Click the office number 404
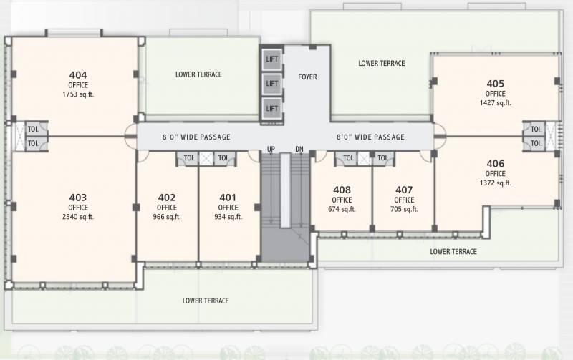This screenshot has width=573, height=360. (78, 74)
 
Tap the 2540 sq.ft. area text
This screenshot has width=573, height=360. (78, 217)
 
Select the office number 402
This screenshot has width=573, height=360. (167, 198)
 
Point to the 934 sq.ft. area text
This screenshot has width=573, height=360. (228, 217)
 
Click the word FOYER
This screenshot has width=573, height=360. (307, 77)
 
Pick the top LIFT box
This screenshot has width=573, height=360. (271, 59)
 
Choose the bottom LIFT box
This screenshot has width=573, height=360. (271, 108)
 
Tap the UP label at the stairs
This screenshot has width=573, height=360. (271, 149)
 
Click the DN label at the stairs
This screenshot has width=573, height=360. (299, 149)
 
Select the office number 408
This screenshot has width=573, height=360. (342, 190)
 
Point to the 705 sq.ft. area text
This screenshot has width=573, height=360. (404, 210)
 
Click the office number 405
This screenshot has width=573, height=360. (495, 84)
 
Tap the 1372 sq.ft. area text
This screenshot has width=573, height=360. (495, 183)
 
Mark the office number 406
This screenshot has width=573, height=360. (495, 164)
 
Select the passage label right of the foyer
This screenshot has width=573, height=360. (370, 137)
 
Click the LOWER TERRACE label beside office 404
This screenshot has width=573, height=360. (198, 74)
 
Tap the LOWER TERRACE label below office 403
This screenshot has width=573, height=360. (206, 301)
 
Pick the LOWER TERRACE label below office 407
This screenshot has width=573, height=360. (453, 252)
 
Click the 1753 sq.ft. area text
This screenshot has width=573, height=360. (78, 94)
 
